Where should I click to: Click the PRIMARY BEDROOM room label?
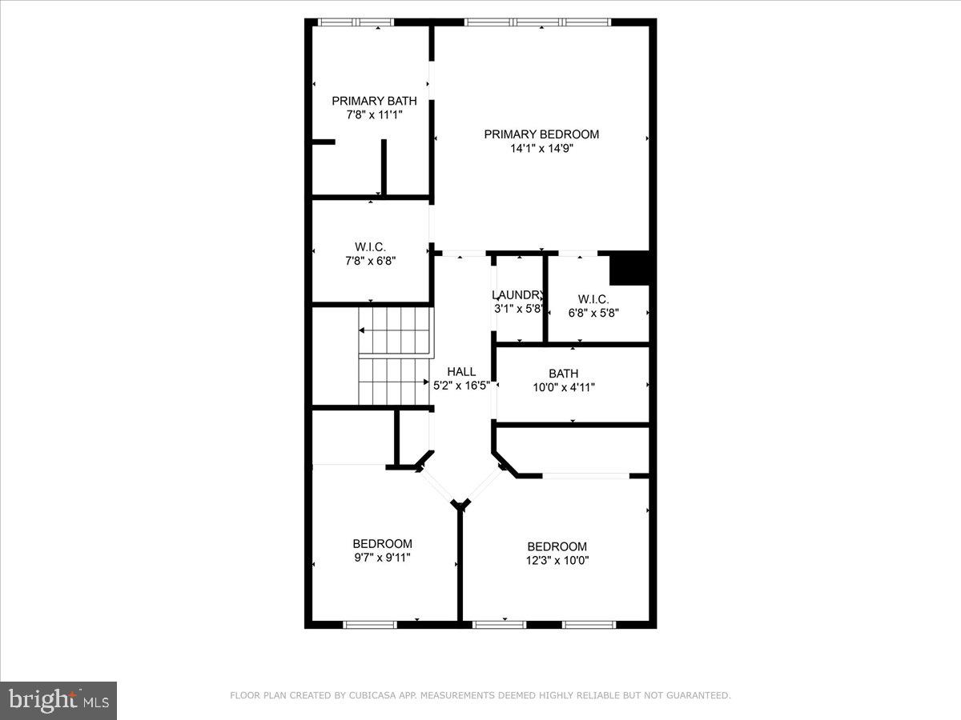coord(541,134)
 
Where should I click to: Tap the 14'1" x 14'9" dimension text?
coord(541,148)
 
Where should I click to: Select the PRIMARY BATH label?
coord(374,101)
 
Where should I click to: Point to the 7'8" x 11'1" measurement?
coord(374,114)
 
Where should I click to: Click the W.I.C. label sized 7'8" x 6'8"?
coord(370,246)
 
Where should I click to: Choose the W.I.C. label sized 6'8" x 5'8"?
coord(593,299)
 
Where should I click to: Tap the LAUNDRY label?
coord(518,294)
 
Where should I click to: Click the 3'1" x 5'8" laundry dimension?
coord(518,308)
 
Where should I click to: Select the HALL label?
coord(461,371)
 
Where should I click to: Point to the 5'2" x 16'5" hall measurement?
coord(461,385)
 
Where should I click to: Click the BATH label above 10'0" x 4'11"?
coord(563,374)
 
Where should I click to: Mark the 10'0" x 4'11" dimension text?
coord(563,387)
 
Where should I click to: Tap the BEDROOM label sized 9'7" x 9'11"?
coord(382,544)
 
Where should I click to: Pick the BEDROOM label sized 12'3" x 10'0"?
coord(557,547)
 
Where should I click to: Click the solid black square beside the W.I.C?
coord(629,268)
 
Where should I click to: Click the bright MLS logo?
coord(58,700)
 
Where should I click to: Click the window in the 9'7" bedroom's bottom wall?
coord(370,624)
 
